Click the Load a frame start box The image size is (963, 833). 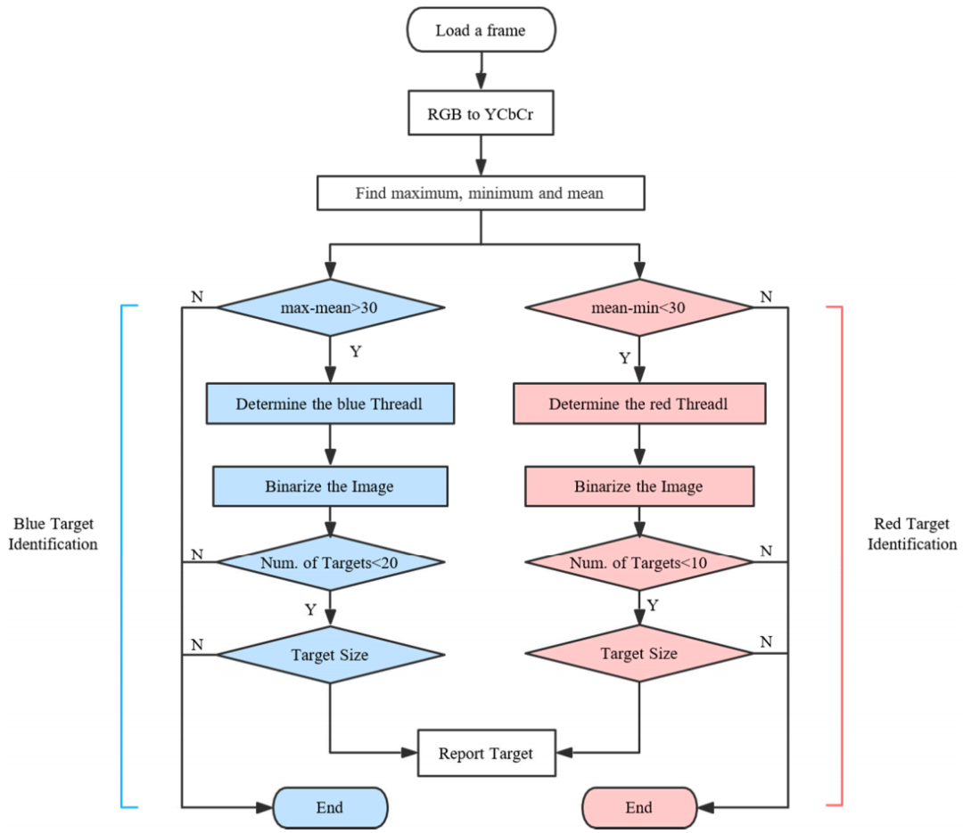(481, 30)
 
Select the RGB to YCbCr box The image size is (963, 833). (481, 113)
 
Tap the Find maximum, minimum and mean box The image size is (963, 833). (481, 193)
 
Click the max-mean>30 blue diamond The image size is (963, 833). (331, 307)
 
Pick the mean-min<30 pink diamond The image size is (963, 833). (639, 307)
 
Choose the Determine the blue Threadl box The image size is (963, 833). (331, 404)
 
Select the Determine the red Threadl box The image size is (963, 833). (639, 404)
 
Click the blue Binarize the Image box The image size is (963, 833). (331, 486)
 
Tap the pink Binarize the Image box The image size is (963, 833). (639, 486)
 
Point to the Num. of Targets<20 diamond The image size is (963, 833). (331, 562)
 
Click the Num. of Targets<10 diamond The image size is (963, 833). (639, 562)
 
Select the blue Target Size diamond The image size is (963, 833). (331, 654)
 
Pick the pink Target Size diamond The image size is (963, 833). (639, 653)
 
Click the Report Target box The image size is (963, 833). (487, 753)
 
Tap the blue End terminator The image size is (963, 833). (331, 808)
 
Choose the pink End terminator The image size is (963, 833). (639, 808)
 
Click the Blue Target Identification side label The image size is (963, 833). (53, 534)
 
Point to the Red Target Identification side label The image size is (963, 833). (912, 534)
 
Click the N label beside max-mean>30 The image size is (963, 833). (197, 297)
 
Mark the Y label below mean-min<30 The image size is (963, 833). (624, 358)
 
